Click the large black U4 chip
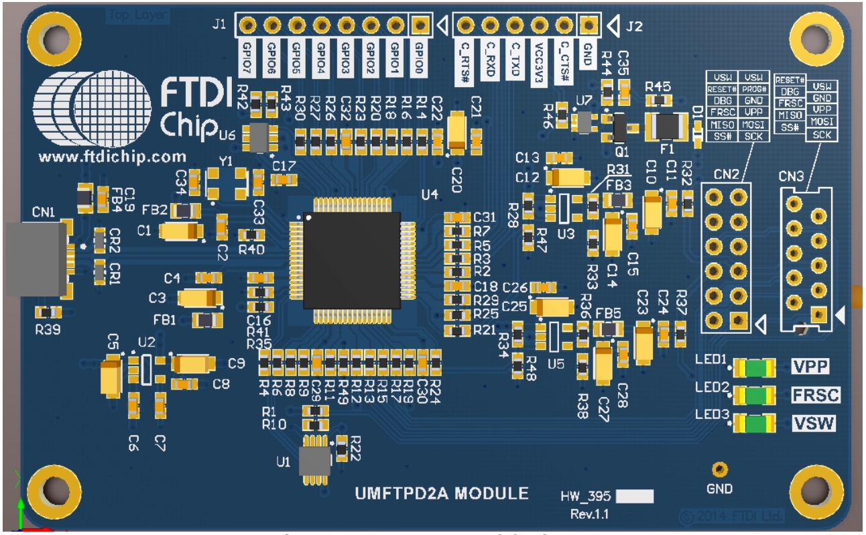(x=352, y=260)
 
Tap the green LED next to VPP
(x=755, y=367)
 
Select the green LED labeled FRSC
(x=755, y=396)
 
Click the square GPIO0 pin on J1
(x=420, y=25)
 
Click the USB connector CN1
(x=37, y=260)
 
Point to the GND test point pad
(x=720, y=469)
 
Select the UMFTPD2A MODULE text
(x=441, y=494)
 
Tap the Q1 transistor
(x=620, y=126)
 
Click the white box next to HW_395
(x=634, y=497)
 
